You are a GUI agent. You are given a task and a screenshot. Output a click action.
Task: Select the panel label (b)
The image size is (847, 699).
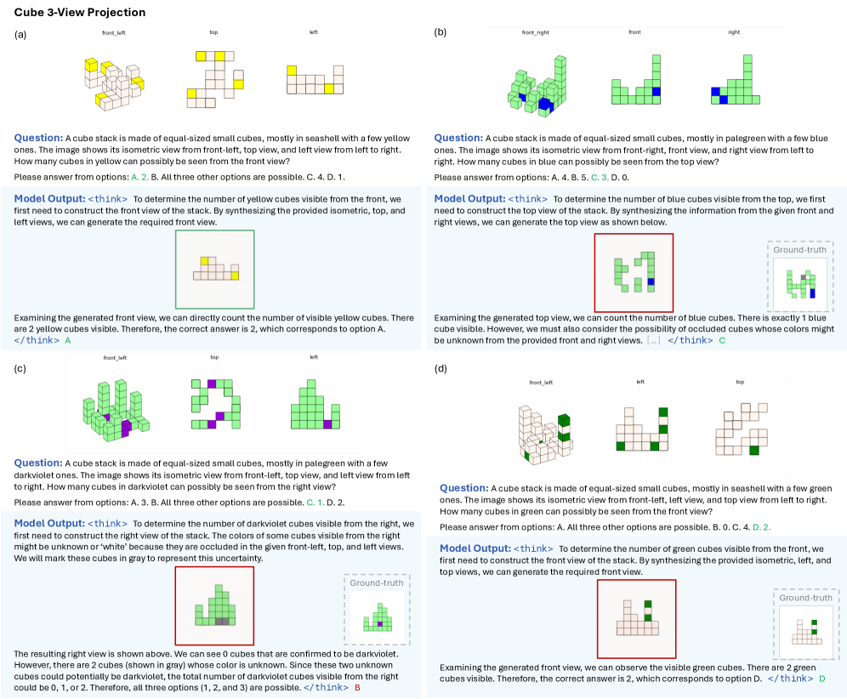441,32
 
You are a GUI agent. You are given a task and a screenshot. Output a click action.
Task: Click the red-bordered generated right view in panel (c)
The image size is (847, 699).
214,607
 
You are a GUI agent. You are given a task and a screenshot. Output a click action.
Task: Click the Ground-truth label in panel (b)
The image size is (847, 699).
800,252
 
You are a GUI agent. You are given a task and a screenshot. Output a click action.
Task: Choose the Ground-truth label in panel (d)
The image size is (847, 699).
805,598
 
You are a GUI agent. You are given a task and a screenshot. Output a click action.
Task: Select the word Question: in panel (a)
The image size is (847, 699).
38,137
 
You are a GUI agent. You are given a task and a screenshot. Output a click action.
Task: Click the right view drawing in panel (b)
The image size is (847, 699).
734,83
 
